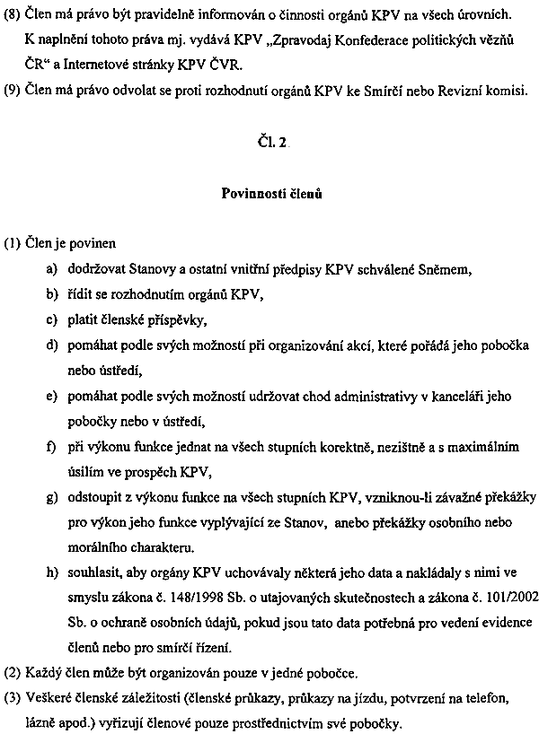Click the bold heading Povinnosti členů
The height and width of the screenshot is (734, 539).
click(x=269, y=193)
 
